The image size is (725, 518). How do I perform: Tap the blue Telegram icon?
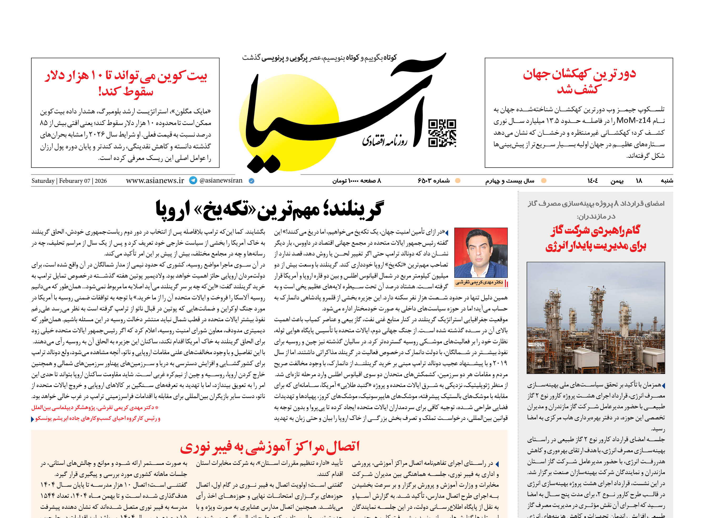pyautogui.click(x=193, y=180)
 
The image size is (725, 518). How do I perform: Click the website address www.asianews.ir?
pyautogui.click(x=155, y=180)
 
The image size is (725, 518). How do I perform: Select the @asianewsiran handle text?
pyautogui.click(x=221, y=180)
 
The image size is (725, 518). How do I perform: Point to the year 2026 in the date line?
pyautogui.click(x=100, y=181)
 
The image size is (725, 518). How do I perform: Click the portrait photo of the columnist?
pyautogui.click(x=481, y=253)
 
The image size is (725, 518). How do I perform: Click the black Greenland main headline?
pyautogui.click(x=270, y=210)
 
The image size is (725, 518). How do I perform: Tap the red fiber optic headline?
pyautogui.click(x=270, y=446)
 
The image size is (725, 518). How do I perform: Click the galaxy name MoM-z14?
pyautogui.click(x=633, y=120)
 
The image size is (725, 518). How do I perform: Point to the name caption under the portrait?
pyautogui.click(x=479, y=283)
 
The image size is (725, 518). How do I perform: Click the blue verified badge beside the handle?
pyautogui.click(x=251, y=181)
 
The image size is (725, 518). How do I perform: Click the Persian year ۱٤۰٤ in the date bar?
pyautogui.click(x=592, y=181)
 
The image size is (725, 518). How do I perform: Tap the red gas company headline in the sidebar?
pyautogui.click(x=596, y=238)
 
